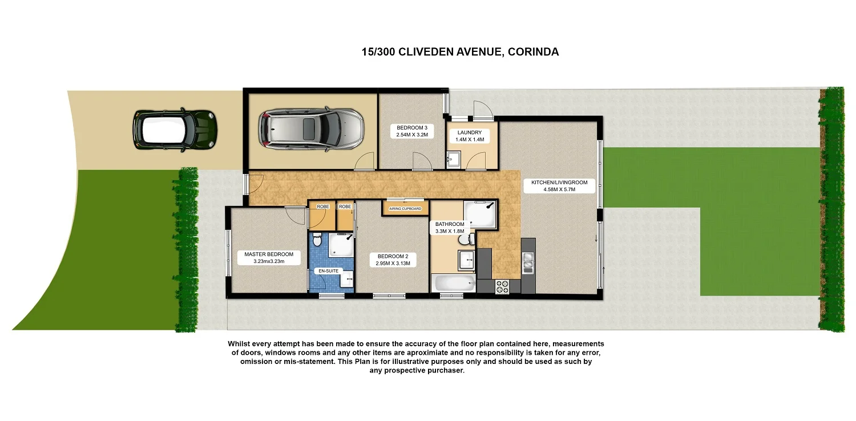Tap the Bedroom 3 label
411,131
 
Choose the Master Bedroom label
268,258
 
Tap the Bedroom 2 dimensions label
393,260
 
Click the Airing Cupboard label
405,209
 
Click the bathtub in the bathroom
454,283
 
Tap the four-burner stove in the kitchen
502,287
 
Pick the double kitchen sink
528,261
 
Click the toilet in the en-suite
318,241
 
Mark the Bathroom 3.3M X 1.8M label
450,228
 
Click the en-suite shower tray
341,245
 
